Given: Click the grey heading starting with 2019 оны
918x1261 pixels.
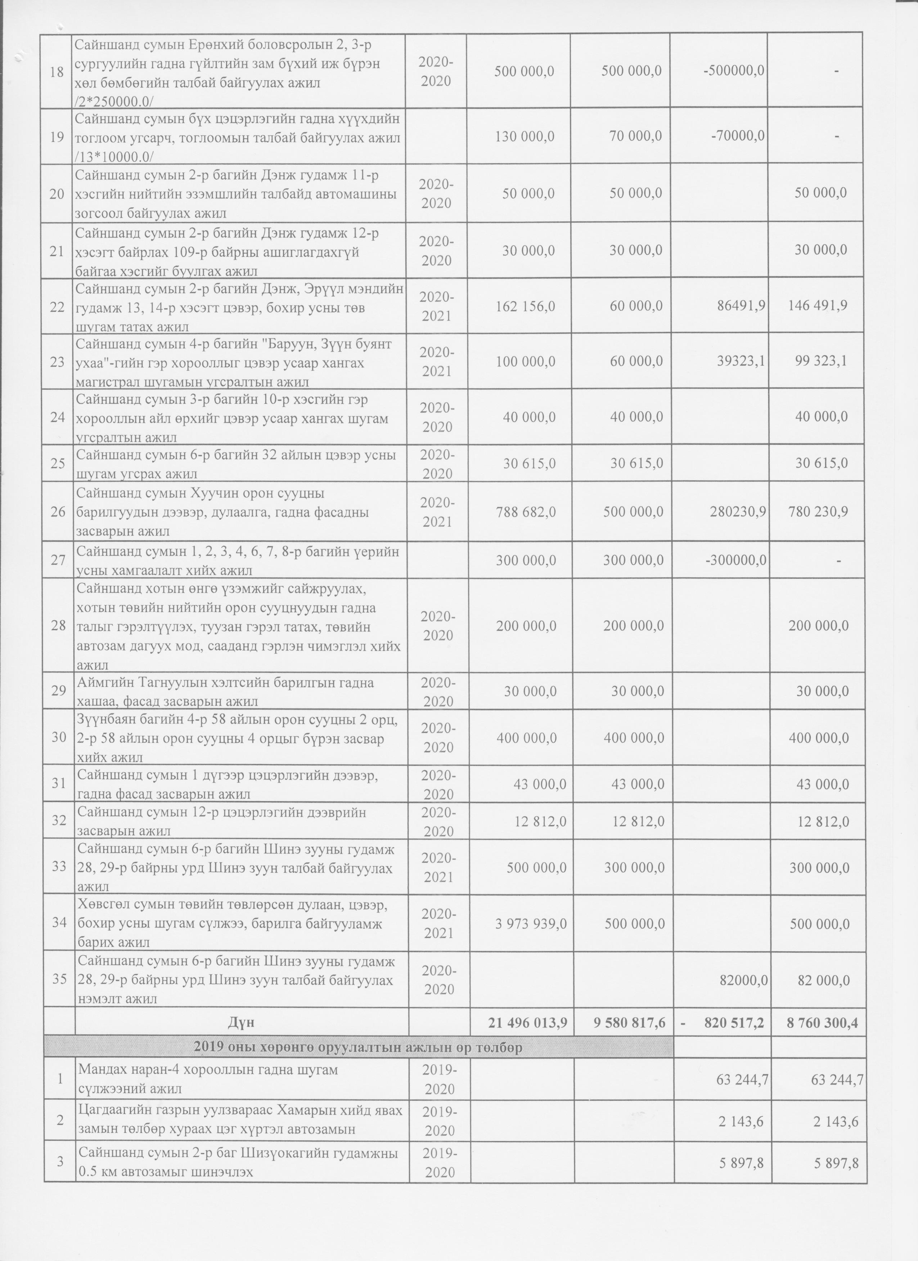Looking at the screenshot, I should click(x=359, y=1048).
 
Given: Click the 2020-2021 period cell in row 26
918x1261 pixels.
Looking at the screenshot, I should click(x=437, y=511).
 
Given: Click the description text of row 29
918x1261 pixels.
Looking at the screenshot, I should click(x=225, y=692).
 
